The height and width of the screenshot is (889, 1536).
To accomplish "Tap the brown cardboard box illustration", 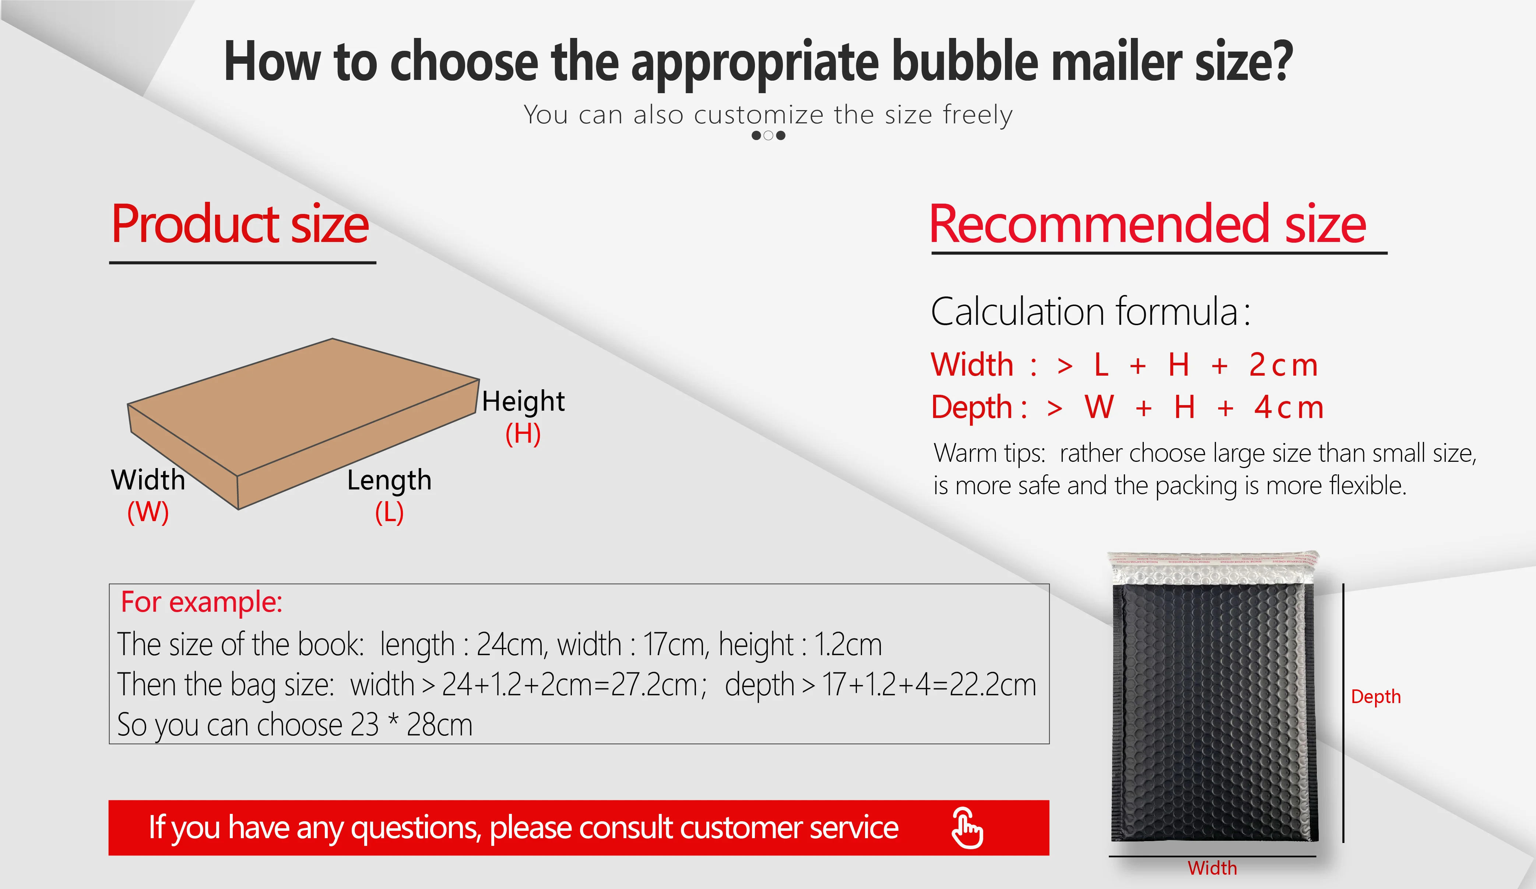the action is click(303, 424).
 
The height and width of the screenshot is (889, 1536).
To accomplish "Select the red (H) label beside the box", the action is click(523, 433).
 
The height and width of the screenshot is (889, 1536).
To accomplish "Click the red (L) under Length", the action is click(390, 512).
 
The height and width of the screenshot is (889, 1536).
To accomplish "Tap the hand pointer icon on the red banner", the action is click(967, 827).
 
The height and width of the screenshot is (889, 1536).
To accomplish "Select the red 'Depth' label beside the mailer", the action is click(1376, 696).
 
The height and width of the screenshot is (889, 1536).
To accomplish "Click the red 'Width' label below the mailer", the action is click(1212, 868).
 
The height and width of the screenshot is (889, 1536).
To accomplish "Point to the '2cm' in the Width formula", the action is click(1283, 365).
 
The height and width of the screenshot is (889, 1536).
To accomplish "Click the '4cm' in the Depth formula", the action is click(1289, 407).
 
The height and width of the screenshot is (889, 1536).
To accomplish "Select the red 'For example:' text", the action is click(202, 602).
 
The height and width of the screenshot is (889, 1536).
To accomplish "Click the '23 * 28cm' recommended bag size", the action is click(411, 725).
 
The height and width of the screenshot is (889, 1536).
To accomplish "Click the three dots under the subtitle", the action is click(768, 136).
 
